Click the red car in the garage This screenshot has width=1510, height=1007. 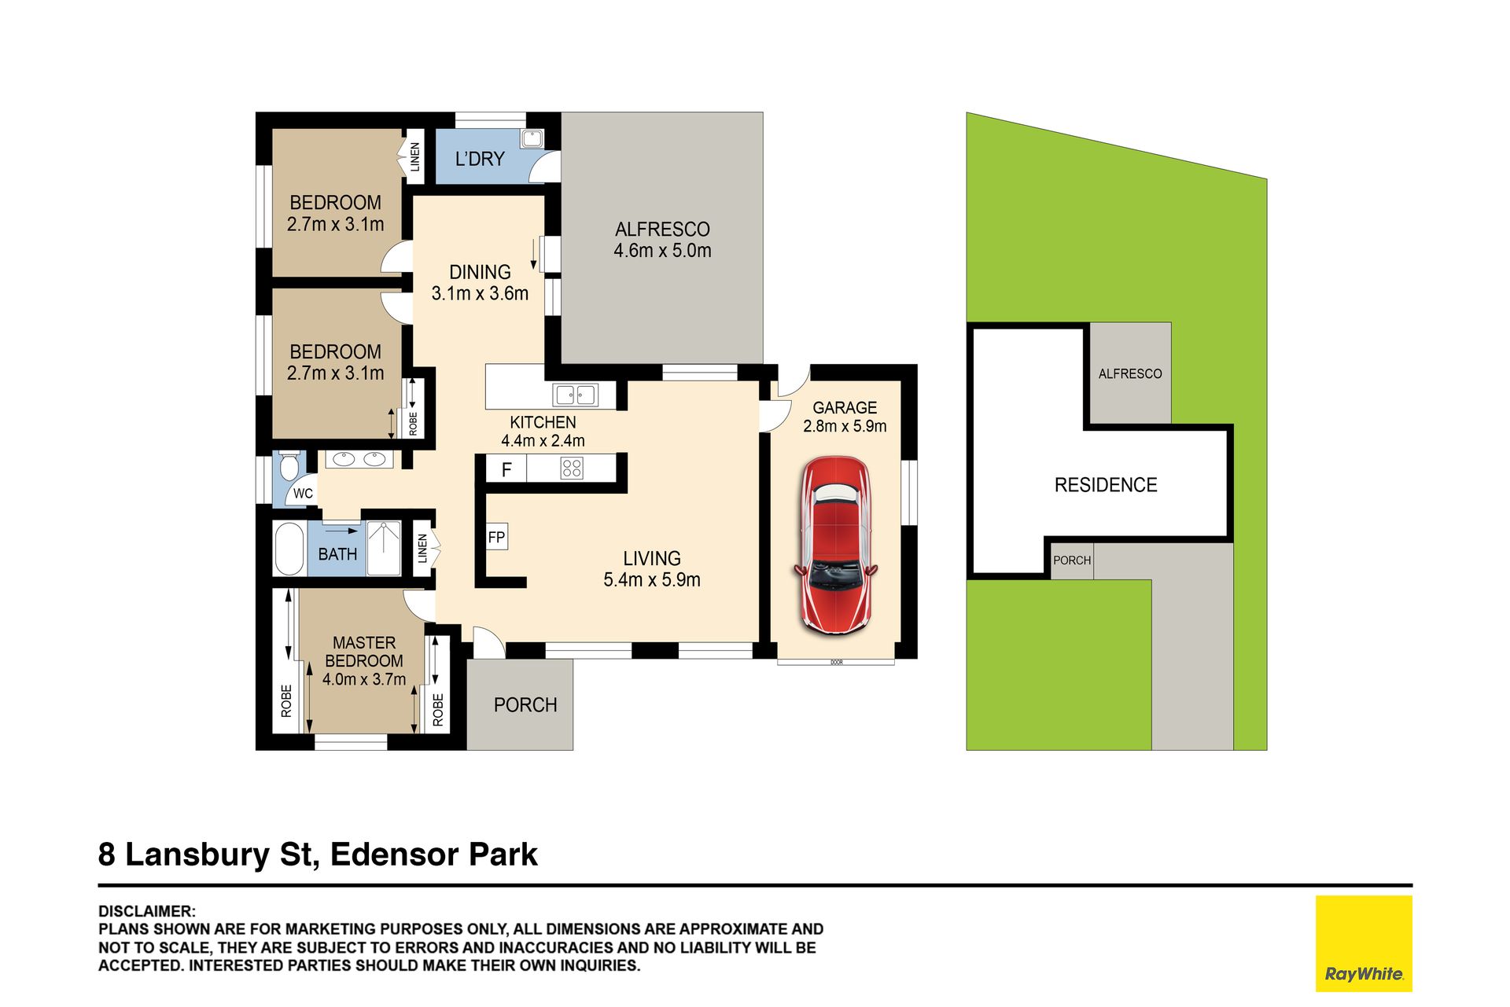[835, 546]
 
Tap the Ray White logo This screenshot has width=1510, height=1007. [1364, 943]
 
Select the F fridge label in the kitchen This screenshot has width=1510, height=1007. [506, 469]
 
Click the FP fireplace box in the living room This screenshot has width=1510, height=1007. [496, 538]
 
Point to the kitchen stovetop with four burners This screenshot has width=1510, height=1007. [572, 469]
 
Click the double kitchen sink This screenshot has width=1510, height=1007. [575, 394]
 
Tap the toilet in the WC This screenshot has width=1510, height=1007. [289, 466]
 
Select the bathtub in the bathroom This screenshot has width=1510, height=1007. [289, 549]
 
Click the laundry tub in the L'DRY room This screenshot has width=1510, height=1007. [532, 138]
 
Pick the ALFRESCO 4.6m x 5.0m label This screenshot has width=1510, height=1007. [662, 240]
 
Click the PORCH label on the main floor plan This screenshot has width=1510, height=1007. [525, 705]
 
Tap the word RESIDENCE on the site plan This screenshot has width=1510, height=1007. [1106, 485]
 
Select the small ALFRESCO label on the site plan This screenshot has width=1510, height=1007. [1130, 374]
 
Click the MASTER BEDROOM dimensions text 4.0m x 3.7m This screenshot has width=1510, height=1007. [364, 679]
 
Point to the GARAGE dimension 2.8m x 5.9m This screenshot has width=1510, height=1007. [845, 426]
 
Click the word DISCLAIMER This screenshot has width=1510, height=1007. [146, 912]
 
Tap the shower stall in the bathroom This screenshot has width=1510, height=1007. [384, 548]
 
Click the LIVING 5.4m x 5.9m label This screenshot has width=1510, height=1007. [652, 569]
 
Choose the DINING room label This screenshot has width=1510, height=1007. [480, 272]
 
